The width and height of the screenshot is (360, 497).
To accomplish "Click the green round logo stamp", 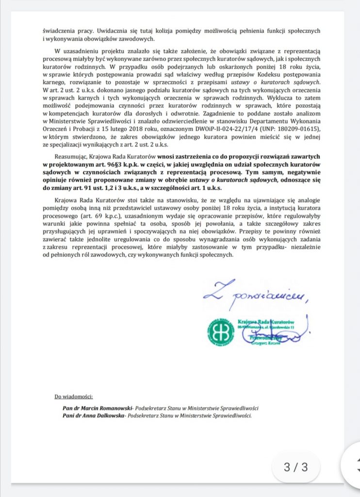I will click(221, 332).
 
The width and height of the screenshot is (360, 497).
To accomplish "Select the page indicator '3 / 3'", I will click(295, 467).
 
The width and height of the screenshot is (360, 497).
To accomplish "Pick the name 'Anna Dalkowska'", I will click(96, 415).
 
